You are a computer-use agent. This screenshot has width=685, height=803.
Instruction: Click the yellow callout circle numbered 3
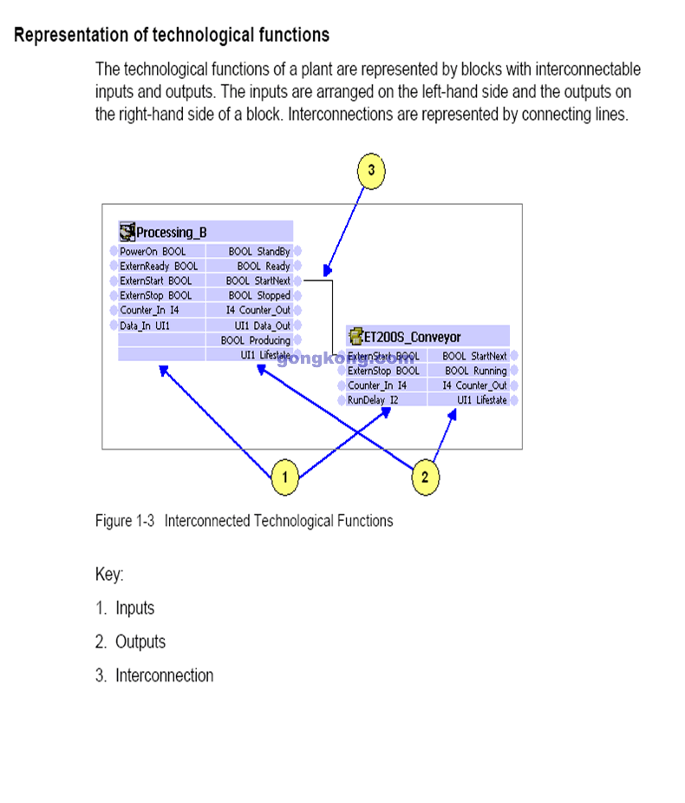[x=371, y=170]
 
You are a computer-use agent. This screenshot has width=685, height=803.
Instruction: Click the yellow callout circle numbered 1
[x=285, y=477]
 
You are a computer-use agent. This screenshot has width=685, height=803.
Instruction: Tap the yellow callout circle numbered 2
[x=425, y=477]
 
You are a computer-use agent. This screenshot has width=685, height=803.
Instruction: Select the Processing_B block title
[x=172, y=232]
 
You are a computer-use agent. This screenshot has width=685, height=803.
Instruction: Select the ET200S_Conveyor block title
[x=412, y=336]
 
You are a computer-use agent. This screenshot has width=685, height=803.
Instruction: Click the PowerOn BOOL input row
[x=153, y=252]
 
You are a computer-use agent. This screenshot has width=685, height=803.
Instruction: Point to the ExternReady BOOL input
[x=159, y=267]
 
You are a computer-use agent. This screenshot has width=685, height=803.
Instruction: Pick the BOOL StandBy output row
[x=258, y=252]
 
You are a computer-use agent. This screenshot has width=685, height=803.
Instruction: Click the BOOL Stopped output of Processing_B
[x=258, y=296]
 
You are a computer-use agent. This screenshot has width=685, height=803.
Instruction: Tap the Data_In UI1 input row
[x=145, y=326]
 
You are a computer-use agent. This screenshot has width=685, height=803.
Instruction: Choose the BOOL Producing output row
[x=255, y=340]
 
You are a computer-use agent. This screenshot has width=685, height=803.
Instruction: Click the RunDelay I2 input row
[x=373, y=400]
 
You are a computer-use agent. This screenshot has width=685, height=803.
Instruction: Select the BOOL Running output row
[x=475, y=371]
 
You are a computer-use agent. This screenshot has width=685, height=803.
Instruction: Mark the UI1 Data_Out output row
[x=262, y=326]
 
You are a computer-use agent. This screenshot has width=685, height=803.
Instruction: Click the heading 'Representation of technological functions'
[x=172, y=36]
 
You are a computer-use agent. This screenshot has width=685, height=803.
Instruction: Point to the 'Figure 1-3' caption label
[x=125, y=521]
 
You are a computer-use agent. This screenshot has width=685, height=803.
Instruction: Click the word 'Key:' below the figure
[x=109, y=575]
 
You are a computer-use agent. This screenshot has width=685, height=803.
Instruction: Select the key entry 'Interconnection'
[x=164, y=675]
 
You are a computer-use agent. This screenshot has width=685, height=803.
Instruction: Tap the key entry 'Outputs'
[x=140, y=642]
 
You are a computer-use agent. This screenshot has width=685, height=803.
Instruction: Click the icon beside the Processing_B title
[x=127, y=232]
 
